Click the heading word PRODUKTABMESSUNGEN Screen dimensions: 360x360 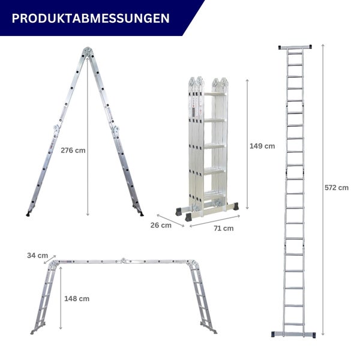pos(90,18)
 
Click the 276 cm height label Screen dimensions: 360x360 pos(73,150)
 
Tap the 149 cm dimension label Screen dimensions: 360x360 pos(262,146)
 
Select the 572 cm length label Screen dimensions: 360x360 pos(336,187)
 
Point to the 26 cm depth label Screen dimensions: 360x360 pos(161,226)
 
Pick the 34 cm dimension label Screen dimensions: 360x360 pos(37,256)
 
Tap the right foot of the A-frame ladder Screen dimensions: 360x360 pos(140,212)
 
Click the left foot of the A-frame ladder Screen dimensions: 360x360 pos(28,213)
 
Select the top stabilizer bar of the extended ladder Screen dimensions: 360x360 pos(295,46)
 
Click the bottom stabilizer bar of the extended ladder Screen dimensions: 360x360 pos(294,334)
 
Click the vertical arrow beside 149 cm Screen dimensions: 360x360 pos(246,146)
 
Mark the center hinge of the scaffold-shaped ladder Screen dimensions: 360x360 pos(124,261)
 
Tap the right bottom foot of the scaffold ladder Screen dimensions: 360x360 pos(211,331)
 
